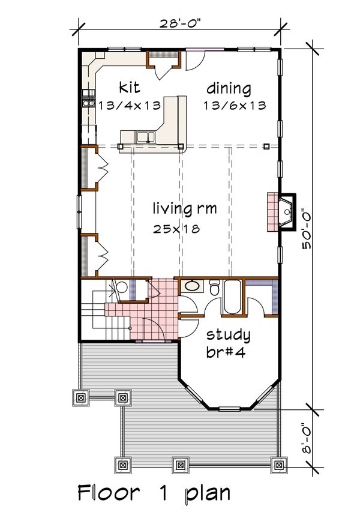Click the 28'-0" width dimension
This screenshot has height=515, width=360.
(x=180, y=24)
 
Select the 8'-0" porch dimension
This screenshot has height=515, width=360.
(x=307, y=438)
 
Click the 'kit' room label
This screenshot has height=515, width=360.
(x=129, y=88)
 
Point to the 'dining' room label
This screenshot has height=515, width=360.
(x=229, y=89)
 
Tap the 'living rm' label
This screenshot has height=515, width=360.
(x=185, y=208)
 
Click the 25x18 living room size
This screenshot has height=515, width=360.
(x=176, y=229)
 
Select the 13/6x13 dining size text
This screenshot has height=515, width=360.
(x=235, y=106)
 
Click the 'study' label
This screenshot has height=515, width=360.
(x=229, y=336)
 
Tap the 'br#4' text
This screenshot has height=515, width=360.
(x=226, y=352)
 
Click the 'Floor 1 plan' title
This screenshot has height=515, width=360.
(x=154, y=493)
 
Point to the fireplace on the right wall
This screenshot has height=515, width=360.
(x=281, y=212)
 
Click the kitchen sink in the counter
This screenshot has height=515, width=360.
(x=146, y=137)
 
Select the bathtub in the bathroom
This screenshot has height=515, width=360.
(x=233, y=297)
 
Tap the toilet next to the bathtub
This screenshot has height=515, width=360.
(x=215, y=286)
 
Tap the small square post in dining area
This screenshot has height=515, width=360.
(x=266, y=146)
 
